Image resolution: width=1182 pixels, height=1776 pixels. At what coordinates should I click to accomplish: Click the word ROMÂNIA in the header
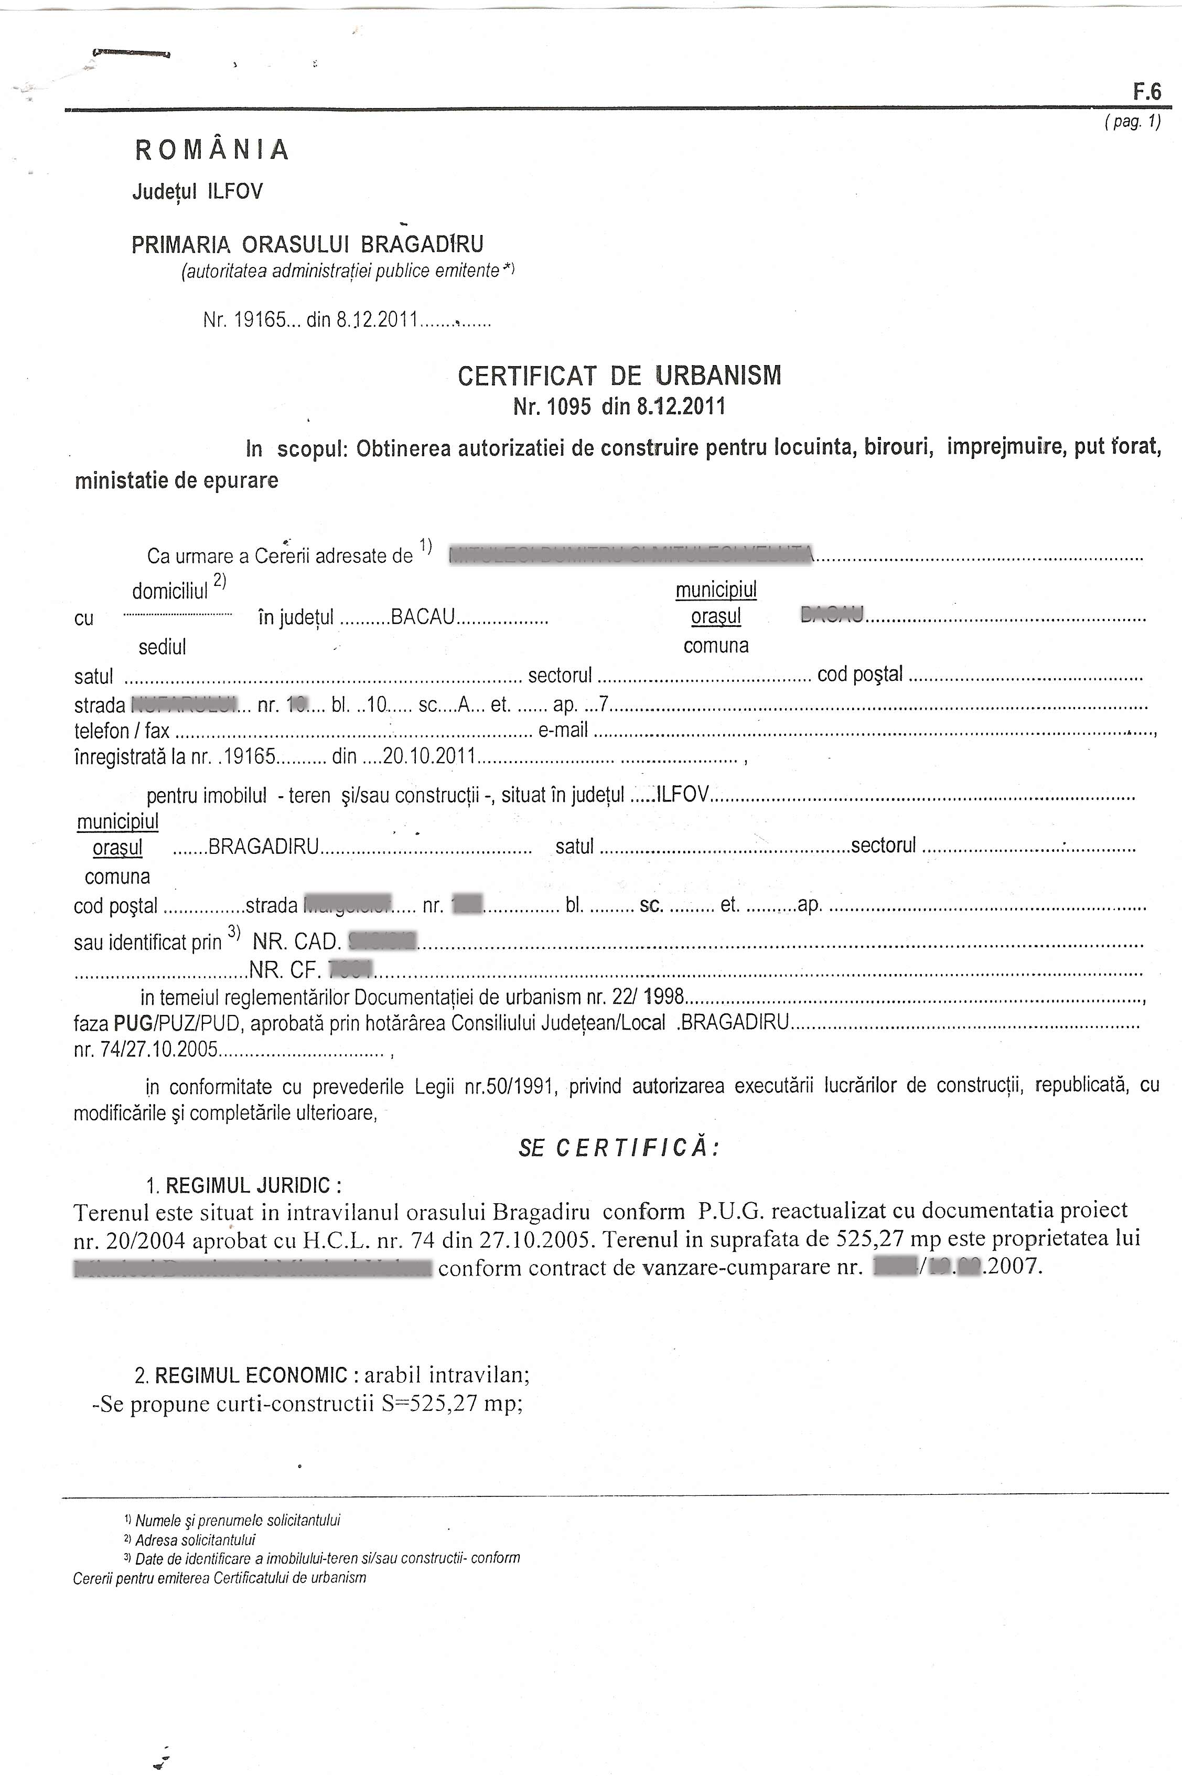[212, 150]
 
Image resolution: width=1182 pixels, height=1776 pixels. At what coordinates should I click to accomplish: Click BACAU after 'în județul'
[423, 617]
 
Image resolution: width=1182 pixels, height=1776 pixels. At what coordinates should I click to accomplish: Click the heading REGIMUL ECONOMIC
[251, 1375]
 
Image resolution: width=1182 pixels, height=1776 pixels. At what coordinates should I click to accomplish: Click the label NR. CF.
[286, 969]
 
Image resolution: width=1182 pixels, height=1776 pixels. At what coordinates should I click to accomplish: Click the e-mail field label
[562, 731]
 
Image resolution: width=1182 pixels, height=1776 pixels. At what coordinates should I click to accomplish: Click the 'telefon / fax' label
[121, 731]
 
